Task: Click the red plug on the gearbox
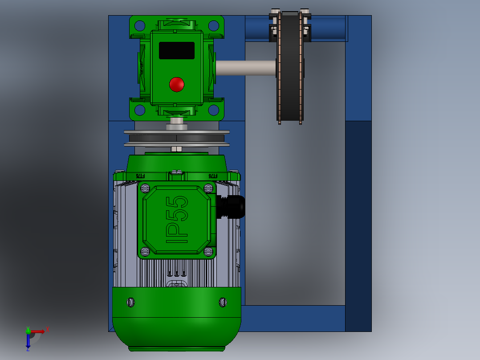[177, 84]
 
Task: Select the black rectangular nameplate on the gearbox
[177, 51]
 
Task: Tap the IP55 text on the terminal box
[177, 220]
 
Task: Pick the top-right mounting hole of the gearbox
[214, 25]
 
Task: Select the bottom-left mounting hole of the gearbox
[140, 110]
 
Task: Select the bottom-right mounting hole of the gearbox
[214, 110]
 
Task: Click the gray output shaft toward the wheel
[245, 68]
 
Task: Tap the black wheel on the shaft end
[290, 67]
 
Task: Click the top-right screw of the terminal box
[208, 188]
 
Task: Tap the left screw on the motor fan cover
[130, 302]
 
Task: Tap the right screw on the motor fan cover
[223, 302]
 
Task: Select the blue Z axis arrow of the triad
[28, 343]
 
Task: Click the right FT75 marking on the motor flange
[213, 176]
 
